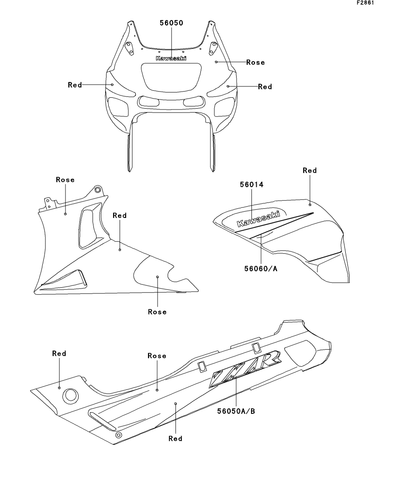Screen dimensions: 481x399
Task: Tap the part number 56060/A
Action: (x=261, y=269)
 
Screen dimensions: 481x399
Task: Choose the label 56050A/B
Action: (x=235, y=410)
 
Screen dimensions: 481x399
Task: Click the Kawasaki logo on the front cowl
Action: (x=171, y=58)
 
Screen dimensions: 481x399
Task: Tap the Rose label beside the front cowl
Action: (x=255, y=62)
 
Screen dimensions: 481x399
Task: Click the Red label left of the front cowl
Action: (x=75, y=85)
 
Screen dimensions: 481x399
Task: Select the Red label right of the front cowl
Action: (x=265, y=87)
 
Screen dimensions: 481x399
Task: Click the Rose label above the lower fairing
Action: (x=65, y=180)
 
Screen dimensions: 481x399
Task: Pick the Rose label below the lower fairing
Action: (x=157, y=312)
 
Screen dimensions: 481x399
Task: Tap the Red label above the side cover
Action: (x=310, y=171)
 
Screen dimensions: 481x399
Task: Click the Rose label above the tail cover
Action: (x=157, y=356)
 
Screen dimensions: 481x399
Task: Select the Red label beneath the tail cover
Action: (x=175, y=438)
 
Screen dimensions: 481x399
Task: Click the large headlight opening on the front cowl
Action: (x=171, y=77)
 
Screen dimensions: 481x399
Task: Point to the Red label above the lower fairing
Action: (x=120, y=215)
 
